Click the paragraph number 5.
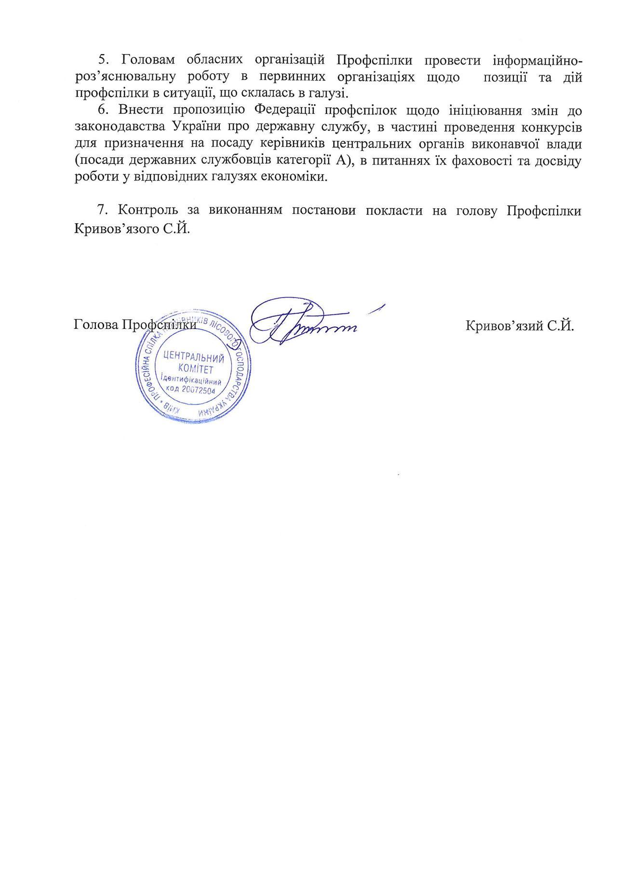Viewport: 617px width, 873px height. click(102, 60)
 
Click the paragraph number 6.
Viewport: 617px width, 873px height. click(102, 110)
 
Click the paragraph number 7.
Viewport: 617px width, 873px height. click(102, 210)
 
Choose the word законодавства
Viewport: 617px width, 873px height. click(119, 127)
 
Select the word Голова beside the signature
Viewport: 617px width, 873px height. click(96, 325)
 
